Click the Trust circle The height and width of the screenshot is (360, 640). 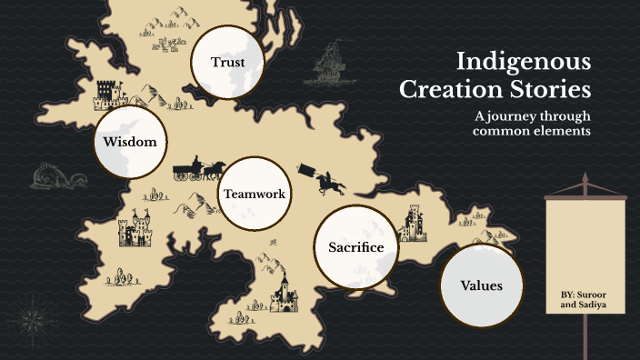tap(227, 62)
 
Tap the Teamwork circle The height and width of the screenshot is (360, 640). tap(254, 193)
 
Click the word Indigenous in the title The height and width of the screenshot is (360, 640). tap(524, 62)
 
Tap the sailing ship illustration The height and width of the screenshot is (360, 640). tap(332, 65)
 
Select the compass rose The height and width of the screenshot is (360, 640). tap(30, 318)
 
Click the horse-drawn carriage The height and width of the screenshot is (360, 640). tap(199, 170)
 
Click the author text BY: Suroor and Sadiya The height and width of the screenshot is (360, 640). tap(585, 302)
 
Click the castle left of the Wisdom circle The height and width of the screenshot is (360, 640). tap(106, 92)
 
